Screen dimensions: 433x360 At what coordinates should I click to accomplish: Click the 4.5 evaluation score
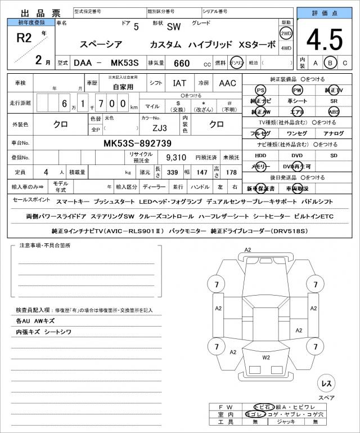click(325, 39)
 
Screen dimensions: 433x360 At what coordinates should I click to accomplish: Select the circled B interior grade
click(331, 63)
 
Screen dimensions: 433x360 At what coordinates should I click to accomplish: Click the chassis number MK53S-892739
click(137, 144)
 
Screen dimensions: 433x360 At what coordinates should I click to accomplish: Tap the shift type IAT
click(179, 83)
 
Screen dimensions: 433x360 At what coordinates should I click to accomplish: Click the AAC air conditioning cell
click(227, 83)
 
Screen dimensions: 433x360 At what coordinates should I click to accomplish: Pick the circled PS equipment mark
click(260, 90)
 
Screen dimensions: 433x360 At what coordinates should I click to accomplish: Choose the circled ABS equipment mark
click(334, 112)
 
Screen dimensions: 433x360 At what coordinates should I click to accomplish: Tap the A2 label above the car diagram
click(247, 250)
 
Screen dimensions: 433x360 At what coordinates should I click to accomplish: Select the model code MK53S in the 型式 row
click(124, 63)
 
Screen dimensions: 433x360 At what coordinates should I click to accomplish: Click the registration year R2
click(25, 38)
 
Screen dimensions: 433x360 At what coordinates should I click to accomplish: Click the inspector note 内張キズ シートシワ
click(44, 332)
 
